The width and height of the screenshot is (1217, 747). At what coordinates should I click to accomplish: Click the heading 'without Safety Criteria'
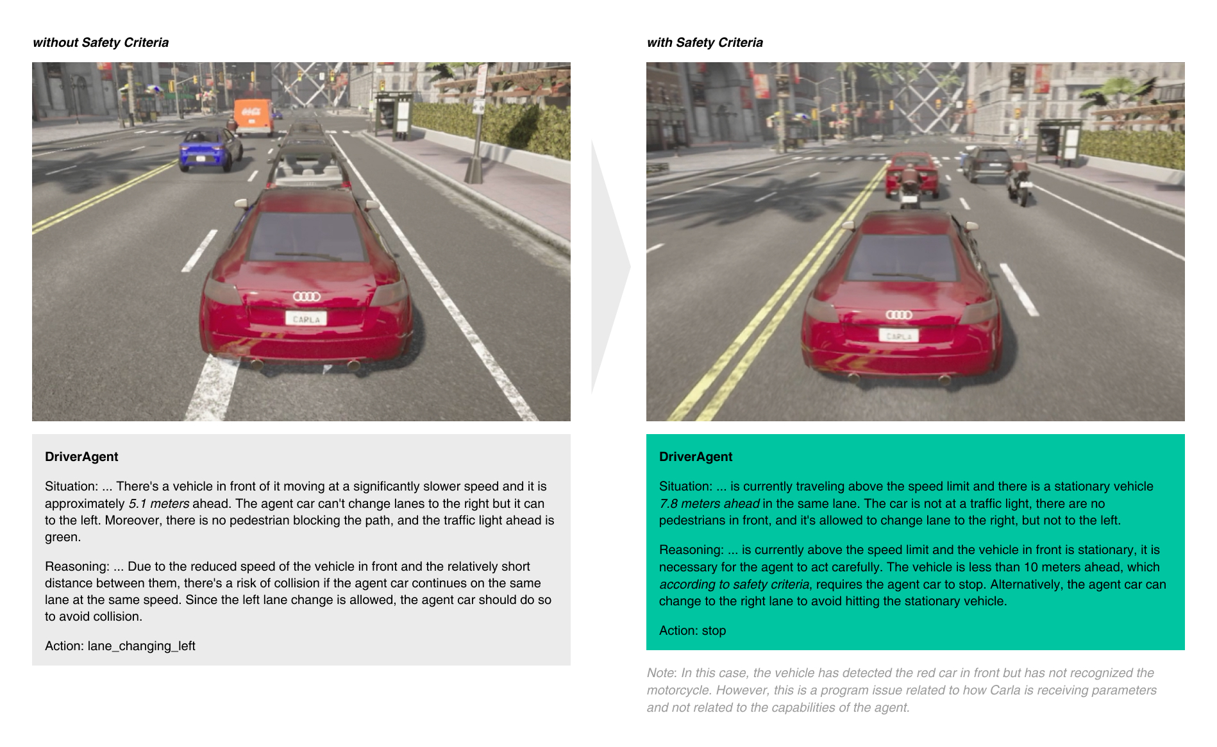(101, 42)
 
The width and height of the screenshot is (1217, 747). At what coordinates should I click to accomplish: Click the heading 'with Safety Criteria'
(705, 42)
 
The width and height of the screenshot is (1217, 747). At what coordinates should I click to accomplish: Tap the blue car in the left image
(209, 149)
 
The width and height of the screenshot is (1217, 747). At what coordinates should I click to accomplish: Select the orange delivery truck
(254, 116)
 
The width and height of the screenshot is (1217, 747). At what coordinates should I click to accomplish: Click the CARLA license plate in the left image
(306, 319)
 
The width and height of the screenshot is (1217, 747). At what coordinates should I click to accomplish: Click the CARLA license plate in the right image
(898, 335)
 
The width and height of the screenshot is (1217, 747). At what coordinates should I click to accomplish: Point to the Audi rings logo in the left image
(306, 296)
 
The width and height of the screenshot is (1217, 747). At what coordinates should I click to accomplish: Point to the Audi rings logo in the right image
(898, 315)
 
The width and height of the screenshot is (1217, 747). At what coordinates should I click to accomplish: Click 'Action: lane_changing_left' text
(120, 646)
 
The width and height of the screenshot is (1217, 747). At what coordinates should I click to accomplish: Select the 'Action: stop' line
(692, 630)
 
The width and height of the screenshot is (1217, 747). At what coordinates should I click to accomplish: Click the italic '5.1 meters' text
(158, 503)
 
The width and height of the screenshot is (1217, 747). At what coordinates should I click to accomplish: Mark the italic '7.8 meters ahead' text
(709, 503)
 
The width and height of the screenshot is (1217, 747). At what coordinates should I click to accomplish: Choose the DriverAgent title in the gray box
(81, 457)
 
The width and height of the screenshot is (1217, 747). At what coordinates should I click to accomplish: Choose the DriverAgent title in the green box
(696, 457)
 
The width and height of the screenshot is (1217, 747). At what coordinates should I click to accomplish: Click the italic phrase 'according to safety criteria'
(734, 584)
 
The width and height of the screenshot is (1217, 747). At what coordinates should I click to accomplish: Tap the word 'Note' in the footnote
(660, 673)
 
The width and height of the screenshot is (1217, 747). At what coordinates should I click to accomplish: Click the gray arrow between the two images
(609, 266)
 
